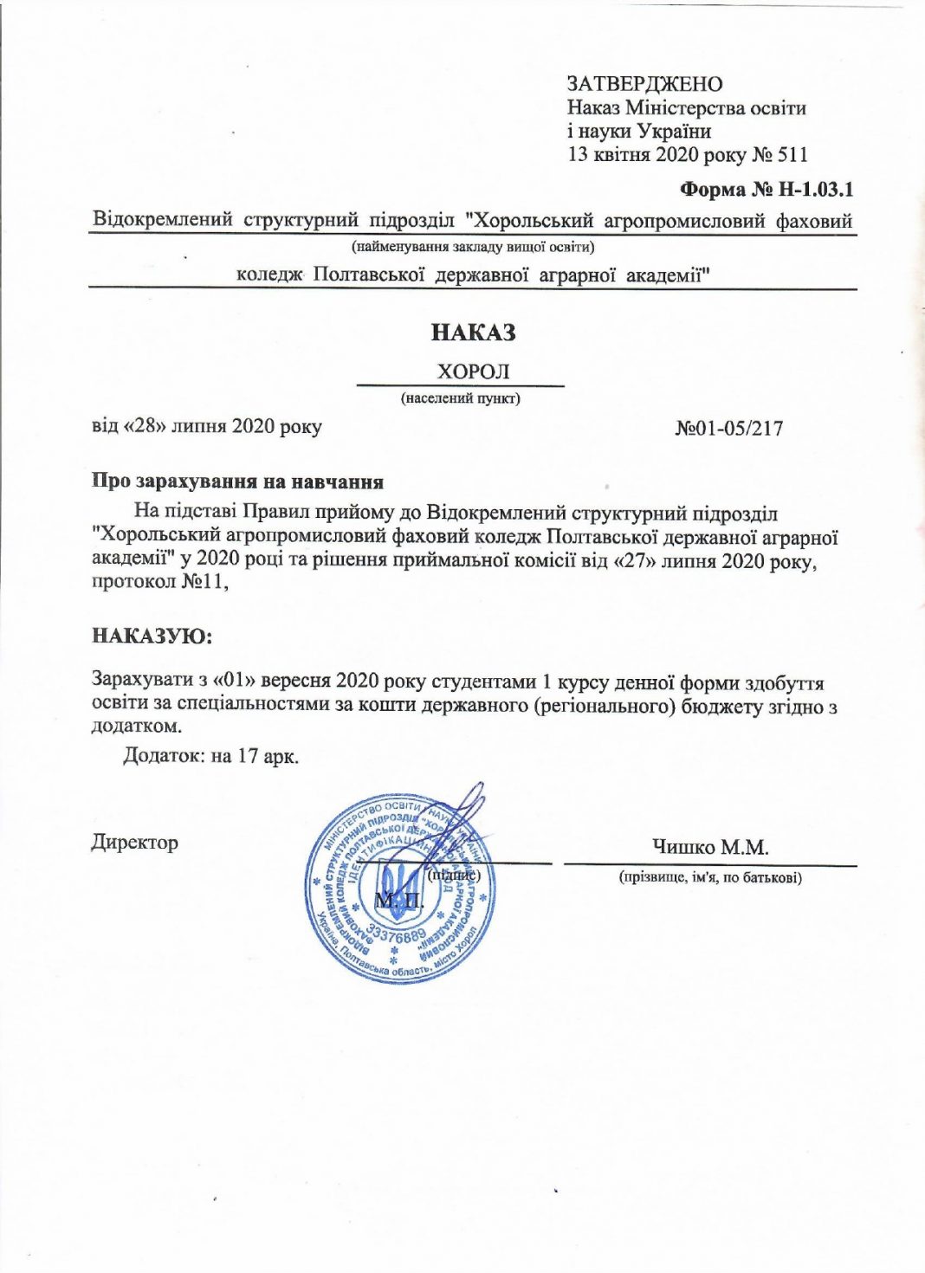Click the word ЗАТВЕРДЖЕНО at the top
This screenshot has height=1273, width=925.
(x=644, y=84)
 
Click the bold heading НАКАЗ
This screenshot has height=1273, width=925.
(x=473, y=333)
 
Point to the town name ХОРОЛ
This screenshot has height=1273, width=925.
(x=473, y=372)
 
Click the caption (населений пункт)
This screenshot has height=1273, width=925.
(x=460, y=398)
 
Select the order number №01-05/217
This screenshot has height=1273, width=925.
(x=728, y=428)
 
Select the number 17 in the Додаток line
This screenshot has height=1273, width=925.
(x=248, y=756)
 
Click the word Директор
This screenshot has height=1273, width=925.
(x=135, y=842)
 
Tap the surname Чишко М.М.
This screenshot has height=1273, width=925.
(x=710, y=847)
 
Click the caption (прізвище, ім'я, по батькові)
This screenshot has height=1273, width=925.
(x=709, y=877)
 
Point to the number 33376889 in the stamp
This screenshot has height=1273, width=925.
(x=397, y=935)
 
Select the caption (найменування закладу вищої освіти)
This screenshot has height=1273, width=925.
(x=472, y=247)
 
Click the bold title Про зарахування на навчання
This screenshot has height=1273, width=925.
(x=238, y=481)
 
